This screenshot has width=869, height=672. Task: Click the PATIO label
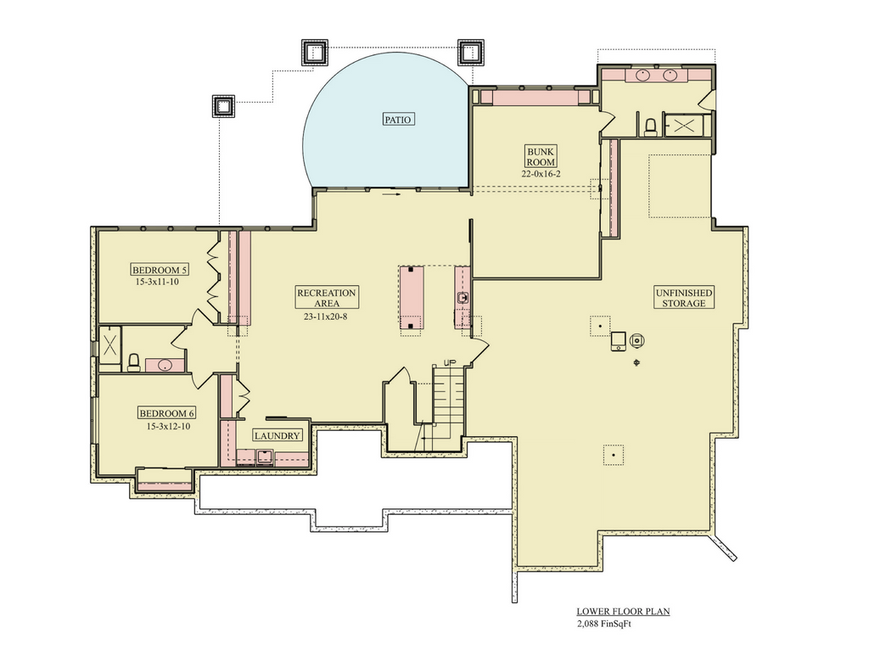coord(398,119)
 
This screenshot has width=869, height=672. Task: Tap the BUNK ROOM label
coord(541,157)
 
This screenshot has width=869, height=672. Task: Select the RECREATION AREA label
coord(327,298)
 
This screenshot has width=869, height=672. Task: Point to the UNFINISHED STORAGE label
coord(684,298)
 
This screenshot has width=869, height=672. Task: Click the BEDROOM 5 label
coord(160,271)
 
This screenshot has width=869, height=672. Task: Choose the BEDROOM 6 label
coord(167,413)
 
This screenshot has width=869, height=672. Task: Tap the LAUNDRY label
coord(278,436)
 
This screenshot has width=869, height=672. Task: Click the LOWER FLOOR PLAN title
coord(623,612)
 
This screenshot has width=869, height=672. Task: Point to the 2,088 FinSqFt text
coord(604,624)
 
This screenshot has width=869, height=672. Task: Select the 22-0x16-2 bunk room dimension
coord(541,173)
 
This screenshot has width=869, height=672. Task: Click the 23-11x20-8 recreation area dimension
coord(325,316)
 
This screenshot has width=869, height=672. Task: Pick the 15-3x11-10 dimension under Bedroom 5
coord(157,282)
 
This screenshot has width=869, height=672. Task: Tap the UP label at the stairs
coord(450,363)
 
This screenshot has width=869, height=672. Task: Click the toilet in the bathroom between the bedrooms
coord(133,362)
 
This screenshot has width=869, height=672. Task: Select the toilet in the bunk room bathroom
coord(649,127)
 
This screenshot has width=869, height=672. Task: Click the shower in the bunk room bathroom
coord(684,126)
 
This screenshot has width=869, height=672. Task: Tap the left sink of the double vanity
coord(643,75)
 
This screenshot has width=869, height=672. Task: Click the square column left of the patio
coord(223,106)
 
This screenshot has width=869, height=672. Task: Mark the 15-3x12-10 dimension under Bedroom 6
coord(169,427)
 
